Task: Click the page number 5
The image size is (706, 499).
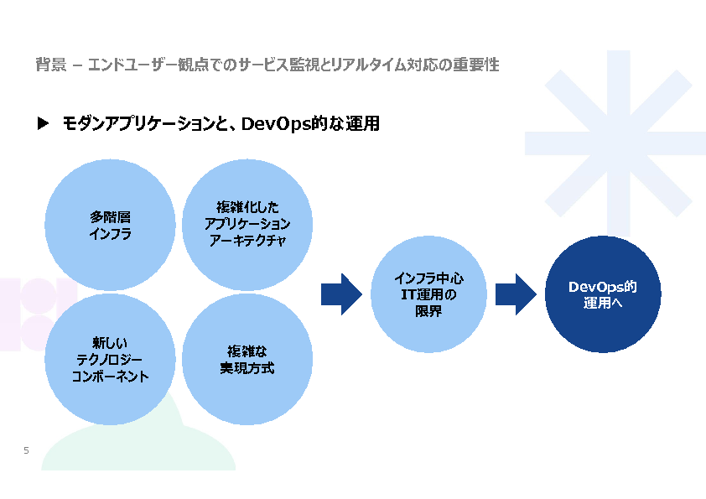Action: pyautogui.click(x=26, y=450)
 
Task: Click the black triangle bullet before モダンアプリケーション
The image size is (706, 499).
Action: pyautogui.click(x=43, y=123)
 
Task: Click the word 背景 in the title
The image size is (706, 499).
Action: pyautogui.click(x=51, y=65)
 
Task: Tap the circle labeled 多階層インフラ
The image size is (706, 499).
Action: pyautogui.click(x=110, y=225)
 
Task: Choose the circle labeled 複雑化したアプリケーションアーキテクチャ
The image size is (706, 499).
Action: pyautogui.click(x=247, y=225)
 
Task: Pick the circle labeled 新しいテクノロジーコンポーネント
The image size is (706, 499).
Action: pyautogui.click(x=110, y=360)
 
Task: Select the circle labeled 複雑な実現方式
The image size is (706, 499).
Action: pyautogui.click(x=247, y=360)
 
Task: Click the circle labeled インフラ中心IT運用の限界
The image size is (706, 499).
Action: pyautogui.click(x=428, y=294)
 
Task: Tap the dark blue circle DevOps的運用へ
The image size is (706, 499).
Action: pyautogui.click(x=603, y=294)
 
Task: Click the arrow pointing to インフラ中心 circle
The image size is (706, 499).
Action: pyautogui.click(x=341, y=294)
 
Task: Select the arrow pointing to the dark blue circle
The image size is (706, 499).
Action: pyautogui.click(x=516, y=294)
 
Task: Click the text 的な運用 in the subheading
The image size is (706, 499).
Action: pyautogui.click(x=345, y=124)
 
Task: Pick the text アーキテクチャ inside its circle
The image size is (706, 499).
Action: pyautogui.click(x=247, y=241)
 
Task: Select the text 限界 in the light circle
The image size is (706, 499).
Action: pyautogui.click(x=428, y=311)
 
